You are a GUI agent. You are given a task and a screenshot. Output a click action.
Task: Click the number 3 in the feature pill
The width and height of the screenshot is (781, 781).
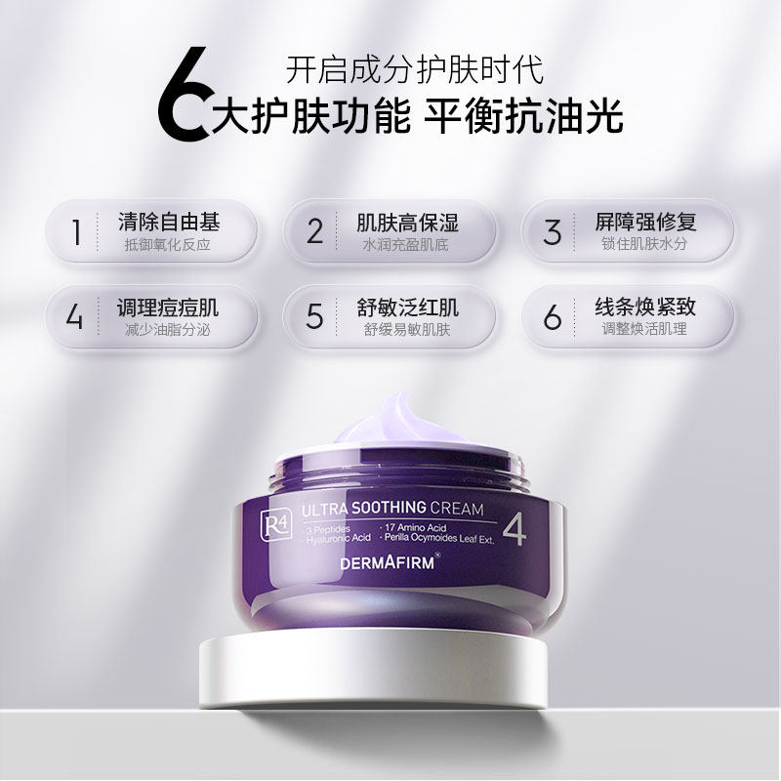point(554,231)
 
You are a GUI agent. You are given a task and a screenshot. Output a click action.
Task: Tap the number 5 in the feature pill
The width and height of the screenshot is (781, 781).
point(314,316)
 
